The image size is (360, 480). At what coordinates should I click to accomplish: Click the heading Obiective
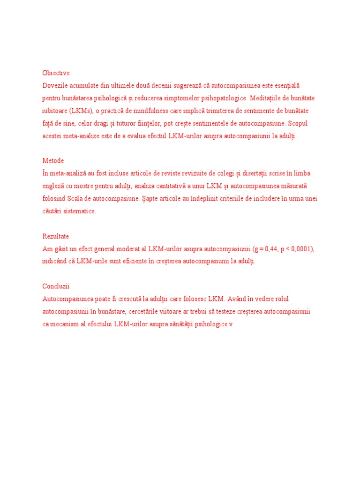click(x=56, y=73)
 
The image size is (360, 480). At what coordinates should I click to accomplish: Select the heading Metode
click(x=53, y=161)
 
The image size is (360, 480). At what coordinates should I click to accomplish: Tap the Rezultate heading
click(x=55, y=236)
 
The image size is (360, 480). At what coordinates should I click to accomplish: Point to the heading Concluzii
click(x=56, y=286)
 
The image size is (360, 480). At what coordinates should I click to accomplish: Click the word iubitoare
click(x=55, y=111)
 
